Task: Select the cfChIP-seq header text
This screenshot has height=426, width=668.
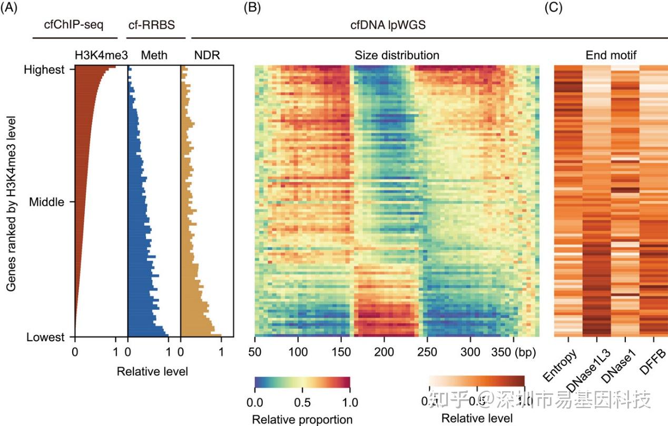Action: click(74, 25)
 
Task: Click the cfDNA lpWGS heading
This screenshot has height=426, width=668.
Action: click(377, 25)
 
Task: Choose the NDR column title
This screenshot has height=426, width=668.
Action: click(207, 55)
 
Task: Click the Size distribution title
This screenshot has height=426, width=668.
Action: click(397, 55)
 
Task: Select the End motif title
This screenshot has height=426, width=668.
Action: click(611, 55)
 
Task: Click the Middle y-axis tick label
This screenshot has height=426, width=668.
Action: click(46, 202)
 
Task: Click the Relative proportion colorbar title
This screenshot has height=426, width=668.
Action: click(302, 419)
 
